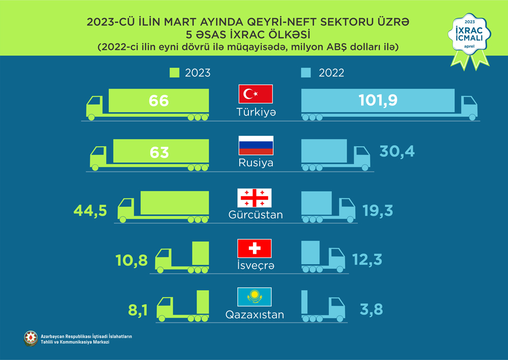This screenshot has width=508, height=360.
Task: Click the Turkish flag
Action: pos(256,95)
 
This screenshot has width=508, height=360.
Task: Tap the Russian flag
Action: pos(256,145)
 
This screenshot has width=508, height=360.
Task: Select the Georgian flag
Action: pos(255,197)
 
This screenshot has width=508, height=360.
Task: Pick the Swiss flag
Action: pos(255,248)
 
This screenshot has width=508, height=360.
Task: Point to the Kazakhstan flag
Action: pos(255,297)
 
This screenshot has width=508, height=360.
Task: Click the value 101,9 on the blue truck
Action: pos(377,100)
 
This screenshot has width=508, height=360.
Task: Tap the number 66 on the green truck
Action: pos(158,100)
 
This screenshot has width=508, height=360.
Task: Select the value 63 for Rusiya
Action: pos(158,152)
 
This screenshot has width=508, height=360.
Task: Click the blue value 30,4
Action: pos(397,151)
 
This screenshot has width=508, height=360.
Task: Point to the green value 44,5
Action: pos(90,210)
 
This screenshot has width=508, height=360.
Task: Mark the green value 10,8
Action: pos(132,261)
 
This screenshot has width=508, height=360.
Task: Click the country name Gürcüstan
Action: pos(256,215)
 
